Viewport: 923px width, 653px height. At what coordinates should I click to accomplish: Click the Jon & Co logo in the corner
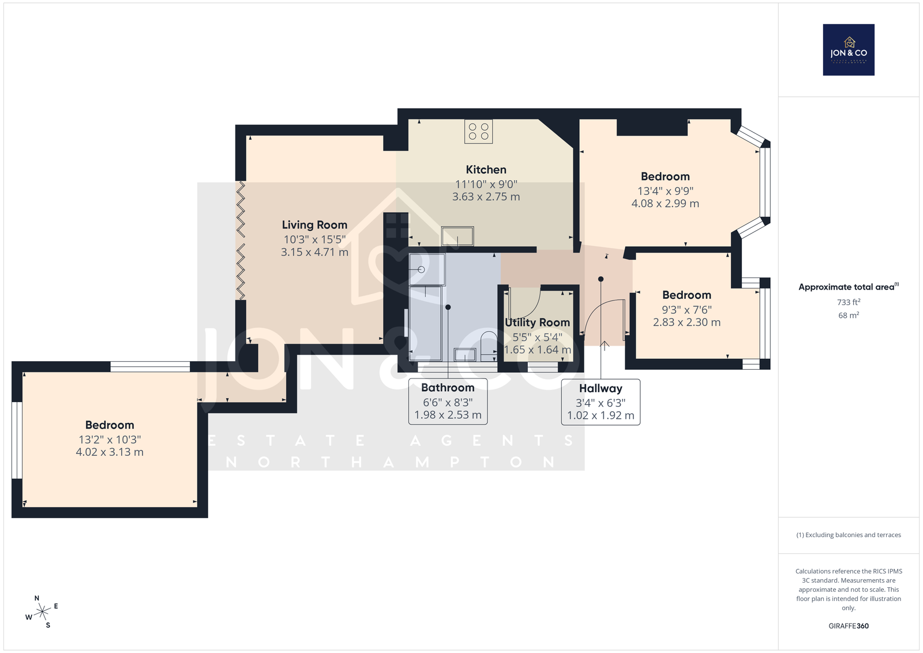849,50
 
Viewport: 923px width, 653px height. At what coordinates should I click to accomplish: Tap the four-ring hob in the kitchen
478,132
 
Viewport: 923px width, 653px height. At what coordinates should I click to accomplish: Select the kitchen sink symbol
457,236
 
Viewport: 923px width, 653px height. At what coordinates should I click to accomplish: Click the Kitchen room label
486,170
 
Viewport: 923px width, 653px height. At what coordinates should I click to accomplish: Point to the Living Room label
314,225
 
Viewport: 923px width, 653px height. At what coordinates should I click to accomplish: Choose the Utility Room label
537,322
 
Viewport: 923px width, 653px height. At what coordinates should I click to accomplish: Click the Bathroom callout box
448,401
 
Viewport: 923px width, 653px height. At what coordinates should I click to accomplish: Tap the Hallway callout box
601,402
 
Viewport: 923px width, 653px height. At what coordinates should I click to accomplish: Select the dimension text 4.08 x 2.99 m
665,204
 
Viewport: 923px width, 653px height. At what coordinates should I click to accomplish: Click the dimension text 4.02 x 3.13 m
110,452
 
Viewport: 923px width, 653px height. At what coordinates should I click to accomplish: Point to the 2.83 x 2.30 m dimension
686,322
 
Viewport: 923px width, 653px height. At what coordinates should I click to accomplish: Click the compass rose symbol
42,612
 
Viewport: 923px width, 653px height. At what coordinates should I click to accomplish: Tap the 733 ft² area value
849,302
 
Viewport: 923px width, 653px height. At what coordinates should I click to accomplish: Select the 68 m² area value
849,315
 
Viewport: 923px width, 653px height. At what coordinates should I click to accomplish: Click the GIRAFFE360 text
849,626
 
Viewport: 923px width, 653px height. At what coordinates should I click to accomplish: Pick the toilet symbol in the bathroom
489,346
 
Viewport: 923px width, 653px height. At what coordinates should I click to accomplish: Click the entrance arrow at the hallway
604,346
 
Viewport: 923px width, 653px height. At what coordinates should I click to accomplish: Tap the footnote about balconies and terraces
849,535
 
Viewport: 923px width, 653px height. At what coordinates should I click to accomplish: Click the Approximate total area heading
849,287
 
